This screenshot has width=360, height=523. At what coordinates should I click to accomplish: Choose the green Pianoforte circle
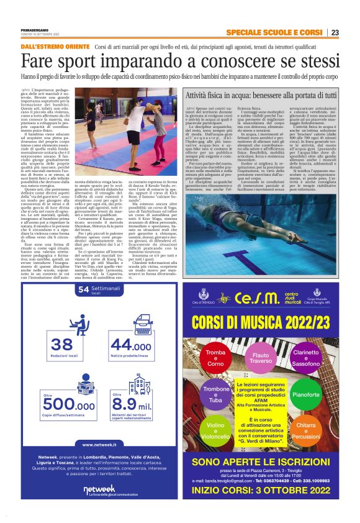pos(323,394)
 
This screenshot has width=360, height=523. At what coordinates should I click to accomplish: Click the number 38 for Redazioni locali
pos(63,346)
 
